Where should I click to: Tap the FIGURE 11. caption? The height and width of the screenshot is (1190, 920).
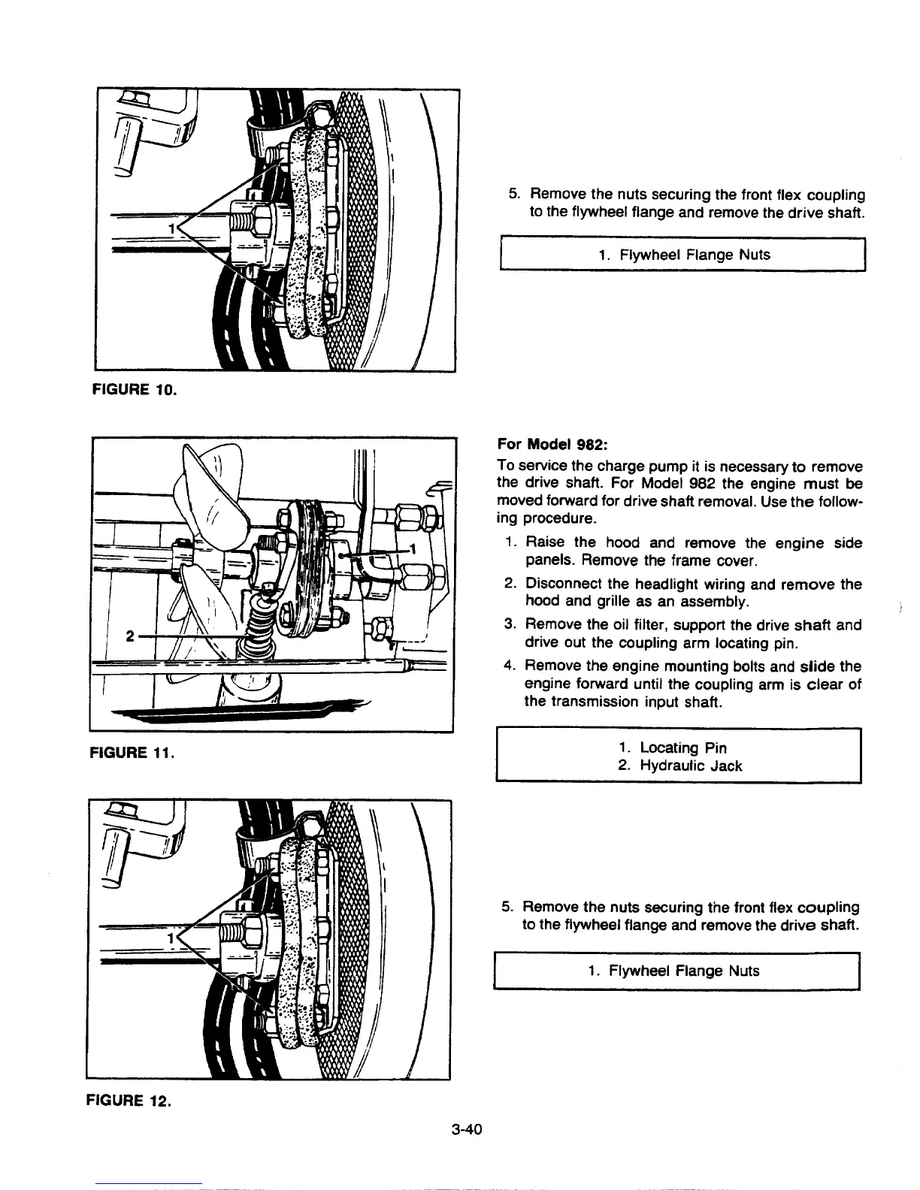[132, 750]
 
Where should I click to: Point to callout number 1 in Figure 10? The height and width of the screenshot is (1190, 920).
[172, 228]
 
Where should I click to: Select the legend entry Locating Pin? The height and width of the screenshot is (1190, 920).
[682, 748]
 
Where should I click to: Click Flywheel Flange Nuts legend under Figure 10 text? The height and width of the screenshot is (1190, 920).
[684, 255]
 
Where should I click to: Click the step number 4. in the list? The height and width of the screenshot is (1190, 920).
[510, 666]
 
